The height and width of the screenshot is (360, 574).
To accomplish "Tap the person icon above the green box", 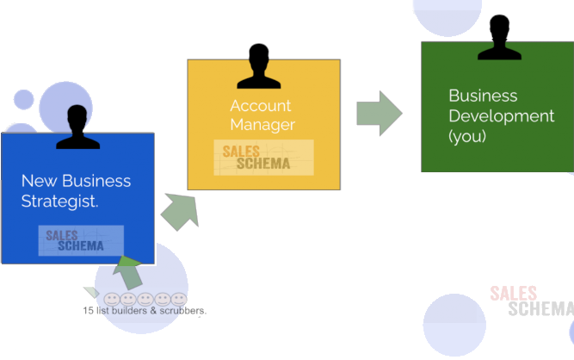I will point(499,38).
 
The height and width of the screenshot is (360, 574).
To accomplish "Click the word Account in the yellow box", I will point(261,106).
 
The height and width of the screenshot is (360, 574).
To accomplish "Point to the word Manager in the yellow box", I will point(262,125).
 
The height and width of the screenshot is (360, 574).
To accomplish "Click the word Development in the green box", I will point(501,115).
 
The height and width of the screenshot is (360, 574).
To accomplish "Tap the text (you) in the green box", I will point(467,136).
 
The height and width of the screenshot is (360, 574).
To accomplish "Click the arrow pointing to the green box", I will point(379,113).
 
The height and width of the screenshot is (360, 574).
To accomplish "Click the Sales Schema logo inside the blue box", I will point(81,240).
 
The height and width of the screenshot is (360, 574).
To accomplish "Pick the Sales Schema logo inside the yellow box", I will point(262,158).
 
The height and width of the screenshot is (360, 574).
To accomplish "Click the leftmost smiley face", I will point(113,299).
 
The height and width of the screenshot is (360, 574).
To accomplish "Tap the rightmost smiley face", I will point(178,299).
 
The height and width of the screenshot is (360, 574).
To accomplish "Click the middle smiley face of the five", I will point(145,299).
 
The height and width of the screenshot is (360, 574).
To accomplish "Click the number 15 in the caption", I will point(87,310).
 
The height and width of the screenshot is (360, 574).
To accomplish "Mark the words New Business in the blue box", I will point(76,182).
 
